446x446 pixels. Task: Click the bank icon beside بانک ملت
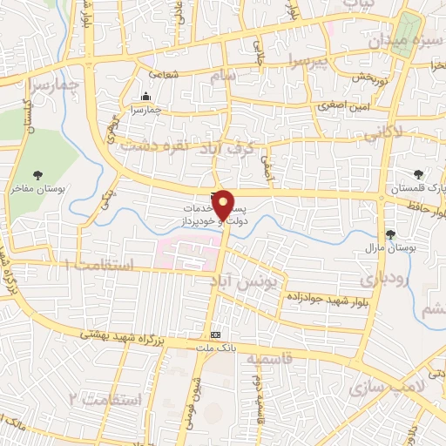pos(216,334)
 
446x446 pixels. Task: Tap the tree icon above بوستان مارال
pos(389,233)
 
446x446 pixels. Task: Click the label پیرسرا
pos(307,62)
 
